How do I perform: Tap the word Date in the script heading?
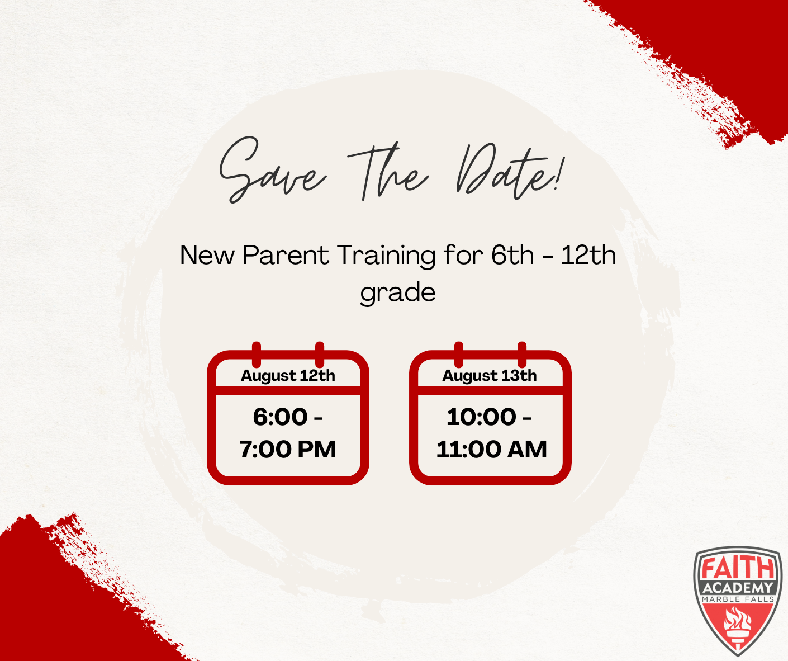502,172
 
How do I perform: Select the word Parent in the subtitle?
286,256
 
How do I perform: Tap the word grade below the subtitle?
398,293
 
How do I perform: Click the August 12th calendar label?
288,376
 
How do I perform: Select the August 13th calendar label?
490,376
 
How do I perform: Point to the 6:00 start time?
280,417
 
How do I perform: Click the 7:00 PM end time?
288,450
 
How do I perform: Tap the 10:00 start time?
481,417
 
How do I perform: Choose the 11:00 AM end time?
491,450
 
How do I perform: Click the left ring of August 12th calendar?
257,355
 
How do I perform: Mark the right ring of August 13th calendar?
522,355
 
